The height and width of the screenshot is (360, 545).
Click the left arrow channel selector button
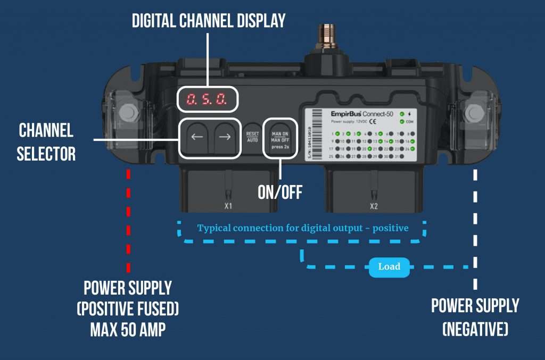click(x=197, y=137)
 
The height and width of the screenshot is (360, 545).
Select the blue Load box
click(x=389, y=266)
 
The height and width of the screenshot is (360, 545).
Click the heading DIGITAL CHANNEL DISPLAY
click(x=209, y=21)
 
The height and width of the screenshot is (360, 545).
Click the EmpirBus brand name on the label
click(x=346, y=114)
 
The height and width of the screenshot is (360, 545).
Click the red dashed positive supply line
click(x=128, y=218)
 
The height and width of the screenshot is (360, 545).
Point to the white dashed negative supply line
click(x=475, y=223)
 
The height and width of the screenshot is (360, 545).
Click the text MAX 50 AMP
click(x=128, y=330)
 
